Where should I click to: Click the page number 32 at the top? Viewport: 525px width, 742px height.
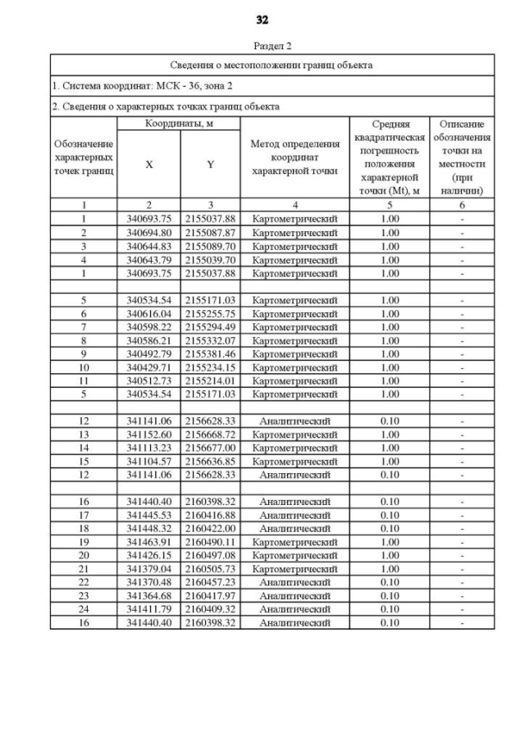pos(262,20)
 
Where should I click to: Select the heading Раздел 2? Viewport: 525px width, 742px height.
pos(272,46)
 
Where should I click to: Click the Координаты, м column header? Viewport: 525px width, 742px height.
pos(178,123)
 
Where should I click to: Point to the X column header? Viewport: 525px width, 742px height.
pos(148,164)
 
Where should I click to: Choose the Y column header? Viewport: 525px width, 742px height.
pos(210,164)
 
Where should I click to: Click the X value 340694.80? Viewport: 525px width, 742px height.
pos(148,233)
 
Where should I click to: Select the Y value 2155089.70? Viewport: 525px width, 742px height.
pos(210,246)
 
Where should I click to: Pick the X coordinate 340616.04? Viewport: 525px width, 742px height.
pos(148,313)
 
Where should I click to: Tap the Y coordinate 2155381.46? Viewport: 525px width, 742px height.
pos(210,354)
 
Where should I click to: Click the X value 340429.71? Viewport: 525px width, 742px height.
pos(148,367)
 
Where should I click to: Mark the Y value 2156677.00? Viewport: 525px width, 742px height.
pos(210,448)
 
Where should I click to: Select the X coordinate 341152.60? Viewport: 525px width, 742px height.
pos(148,435)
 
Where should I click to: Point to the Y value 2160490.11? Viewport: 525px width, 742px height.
pos(210,542)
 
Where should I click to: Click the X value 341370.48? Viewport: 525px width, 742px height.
pos(148,582)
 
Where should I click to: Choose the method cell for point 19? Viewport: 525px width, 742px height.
pos(294,542)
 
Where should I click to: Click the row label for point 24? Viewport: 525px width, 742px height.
pos(84,609)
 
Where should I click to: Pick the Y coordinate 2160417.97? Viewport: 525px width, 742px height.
pos(210,596)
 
